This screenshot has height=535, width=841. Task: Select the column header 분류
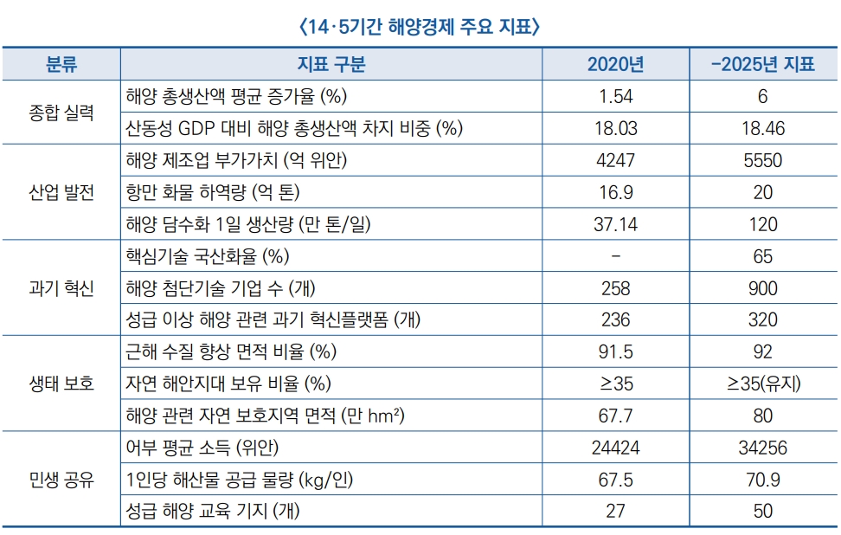(61, 64)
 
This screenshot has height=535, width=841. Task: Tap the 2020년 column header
(615, 64)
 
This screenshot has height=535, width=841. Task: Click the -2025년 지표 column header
(762, 64)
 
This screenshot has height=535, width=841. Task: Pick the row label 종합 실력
(61, 112)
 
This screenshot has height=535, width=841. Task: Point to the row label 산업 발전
(61, 192)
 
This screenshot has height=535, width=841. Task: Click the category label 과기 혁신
(61, 288)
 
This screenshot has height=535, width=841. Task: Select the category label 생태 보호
(61, 384)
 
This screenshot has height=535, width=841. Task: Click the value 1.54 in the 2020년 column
(615, 96)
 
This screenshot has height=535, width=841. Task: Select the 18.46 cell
(762, 128)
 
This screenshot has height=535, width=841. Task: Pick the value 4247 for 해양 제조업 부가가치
(615, 160)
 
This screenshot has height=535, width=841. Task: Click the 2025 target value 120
(762, 224)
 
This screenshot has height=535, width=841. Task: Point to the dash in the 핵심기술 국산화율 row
(615, 256)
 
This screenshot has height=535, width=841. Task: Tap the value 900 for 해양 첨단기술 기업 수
(762, 288)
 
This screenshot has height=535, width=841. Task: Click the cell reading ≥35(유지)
(762, 384)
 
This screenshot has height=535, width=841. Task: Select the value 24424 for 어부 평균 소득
(615, 448)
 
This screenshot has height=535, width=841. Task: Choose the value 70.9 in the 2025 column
(762, 480)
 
